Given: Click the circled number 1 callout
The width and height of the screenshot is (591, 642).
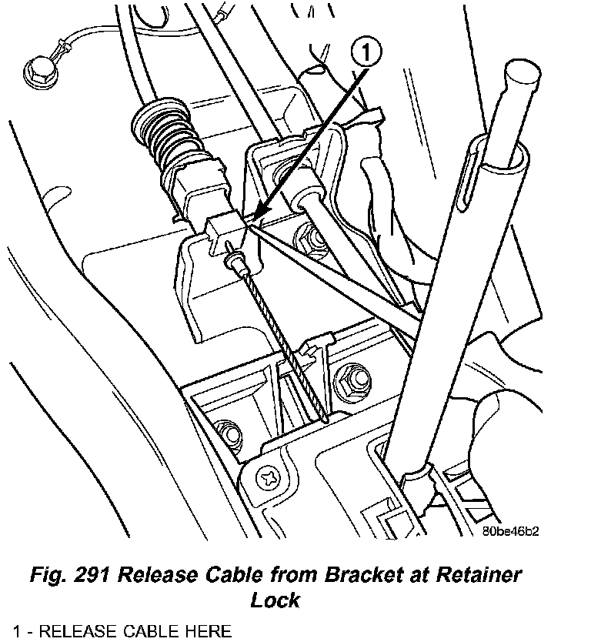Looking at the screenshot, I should (368, 54).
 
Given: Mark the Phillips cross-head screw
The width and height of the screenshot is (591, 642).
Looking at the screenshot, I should (270, 478).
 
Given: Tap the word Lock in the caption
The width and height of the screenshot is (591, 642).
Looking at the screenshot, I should (275, 599).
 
